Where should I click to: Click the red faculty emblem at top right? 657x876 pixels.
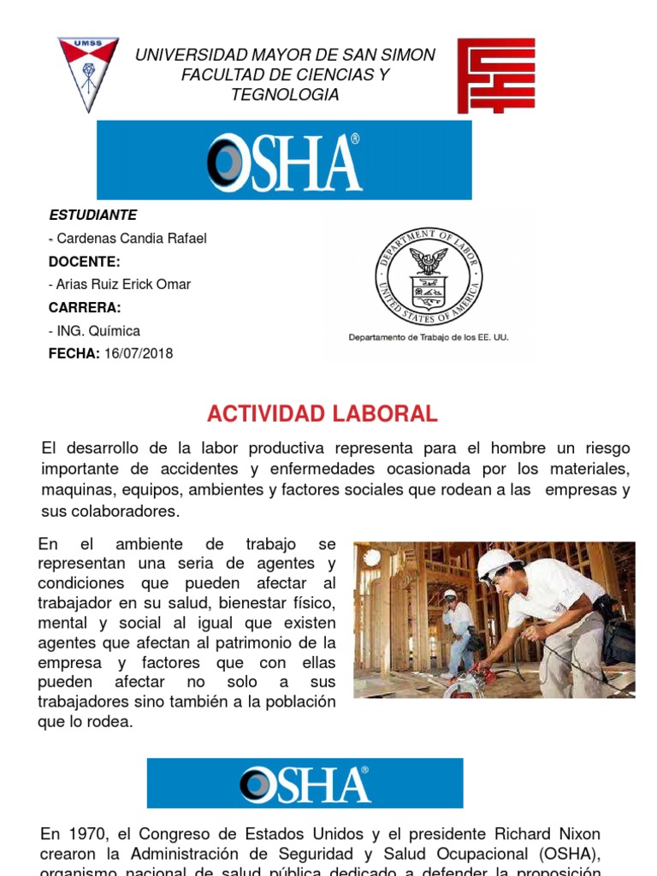[495, 75]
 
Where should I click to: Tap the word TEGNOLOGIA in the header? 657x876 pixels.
[285, 95]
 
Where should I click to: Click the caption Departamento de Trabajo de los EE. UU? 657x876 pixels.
[428, 337]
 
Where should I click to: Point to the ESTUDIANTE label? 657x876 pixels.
[92, 215]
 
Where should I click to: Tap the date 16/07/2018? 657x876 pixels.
[139, 353]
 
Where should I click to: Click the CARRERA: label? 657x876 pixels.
[85, 307]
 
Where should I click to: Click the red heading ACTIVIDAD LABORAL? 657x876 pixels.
[323, 415]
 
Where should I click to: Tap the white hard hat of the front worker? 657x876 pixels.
[496, 562]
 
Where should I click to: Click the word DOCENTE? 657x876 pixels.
[85, 261]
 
